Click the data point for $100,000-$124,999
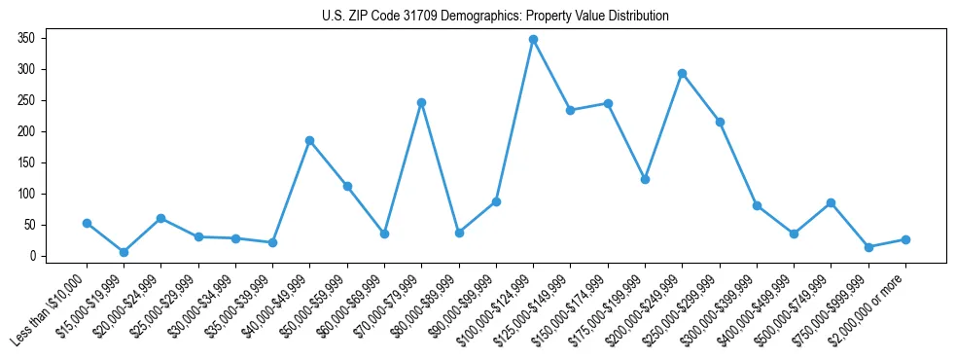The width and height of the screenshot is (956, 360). (533, 40)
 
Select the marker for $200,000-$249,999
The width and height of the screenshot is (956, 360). (682, 73)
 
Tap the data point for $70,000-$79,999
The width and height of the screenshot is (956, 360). (421, 102)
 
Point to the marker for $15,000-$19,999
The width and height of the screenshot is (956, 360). (124, 252)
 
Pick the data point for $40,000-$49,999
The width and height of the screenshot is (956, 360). (309, 140)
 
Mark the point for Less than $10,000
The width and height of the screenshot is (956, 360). (87, 223)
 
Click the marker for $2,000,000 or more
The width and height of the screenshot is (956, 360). (905, 239)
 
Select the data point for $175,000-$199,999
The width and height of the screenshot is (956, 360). (645, 179)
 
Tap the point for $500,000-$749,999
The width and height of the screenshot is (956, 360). (831, 202)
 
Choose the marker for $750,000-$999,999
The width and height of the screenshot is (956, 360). (868, 247)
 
